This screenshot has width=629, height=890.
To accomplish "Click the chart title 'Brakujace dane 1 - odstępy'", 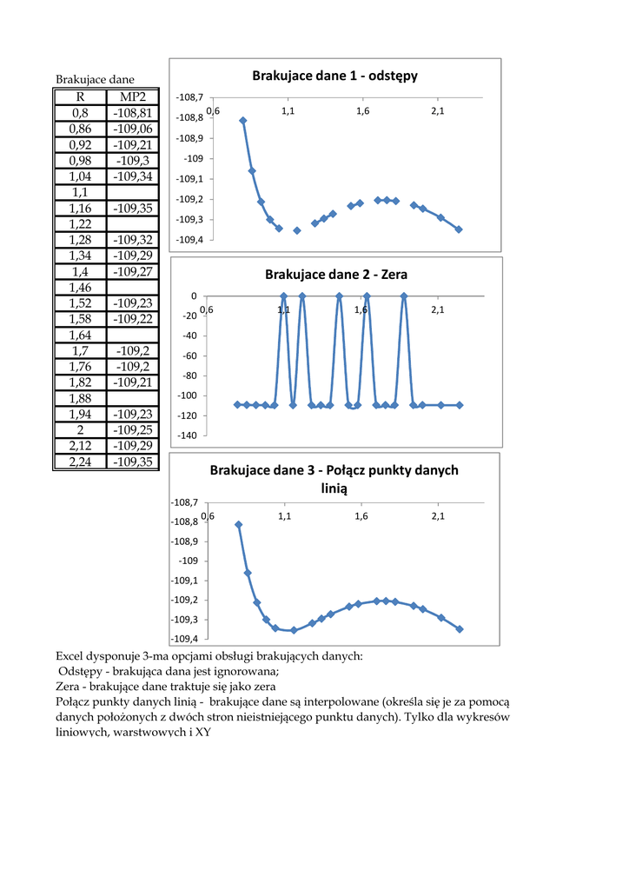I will pyautogui.click(x=334, y=76).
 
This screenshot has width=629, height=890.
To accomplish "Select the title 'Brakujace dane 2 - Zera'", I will pyautogui.click(x=335, y=275).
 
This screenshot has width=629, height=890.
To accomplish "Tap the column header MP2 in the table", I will pyautogui.click(x=132, y=96).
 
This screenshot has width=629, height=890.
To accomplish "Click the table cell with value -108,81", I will pyautogui.click(x=132, y=113).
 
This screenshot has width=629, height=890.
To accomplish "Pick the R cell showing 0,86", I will pyautogui.click(x=80, y=129).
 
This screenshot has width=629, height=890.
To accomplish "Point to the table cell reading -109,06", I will pyautogui.click(x=132, y=129).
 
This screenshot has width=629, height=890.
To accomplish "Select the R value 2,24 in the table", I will pyautogui.click(x=80, y=462).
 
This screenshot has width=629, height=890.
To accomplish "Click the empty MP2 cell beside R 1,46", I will pyautogui.click(x=132, y=287).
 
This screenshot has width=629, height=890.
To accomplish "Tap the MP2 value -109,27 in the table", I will pyautogui.click(x=132, y=271).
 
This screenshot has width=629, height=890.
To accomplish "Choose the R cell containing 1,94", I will pyautogui.click(x=80, y=414).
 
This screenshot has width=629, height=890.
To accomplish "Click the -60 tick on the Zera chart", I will pyautogui.click(x=189, y=355).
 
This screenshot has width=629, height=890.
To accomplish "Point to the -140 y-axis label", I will pyautogui.click(x=186, y=435).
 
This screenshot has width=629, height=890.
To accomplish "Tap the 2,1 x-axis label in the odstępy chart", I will pyautogui.click(x=438, y=111).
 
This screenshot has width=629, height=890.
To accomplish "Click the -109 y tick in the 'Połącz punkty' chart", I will pyautogui.click(x=190, y=561).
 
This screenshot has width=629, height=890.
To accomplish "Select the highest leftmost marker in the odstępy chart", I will pyautogui.click(x=243, y=121).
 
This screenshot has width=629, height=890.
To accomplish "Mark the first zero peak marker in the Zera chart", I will pyautogui.click(x=284, y=296).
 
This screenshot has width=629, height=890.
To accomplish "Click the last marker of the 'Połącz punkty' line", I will pyautogui.click(x=460, y=628).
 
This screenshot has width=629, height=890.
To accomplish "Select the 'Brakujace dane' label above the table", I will pyautogui.click(x=95, y=80).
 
